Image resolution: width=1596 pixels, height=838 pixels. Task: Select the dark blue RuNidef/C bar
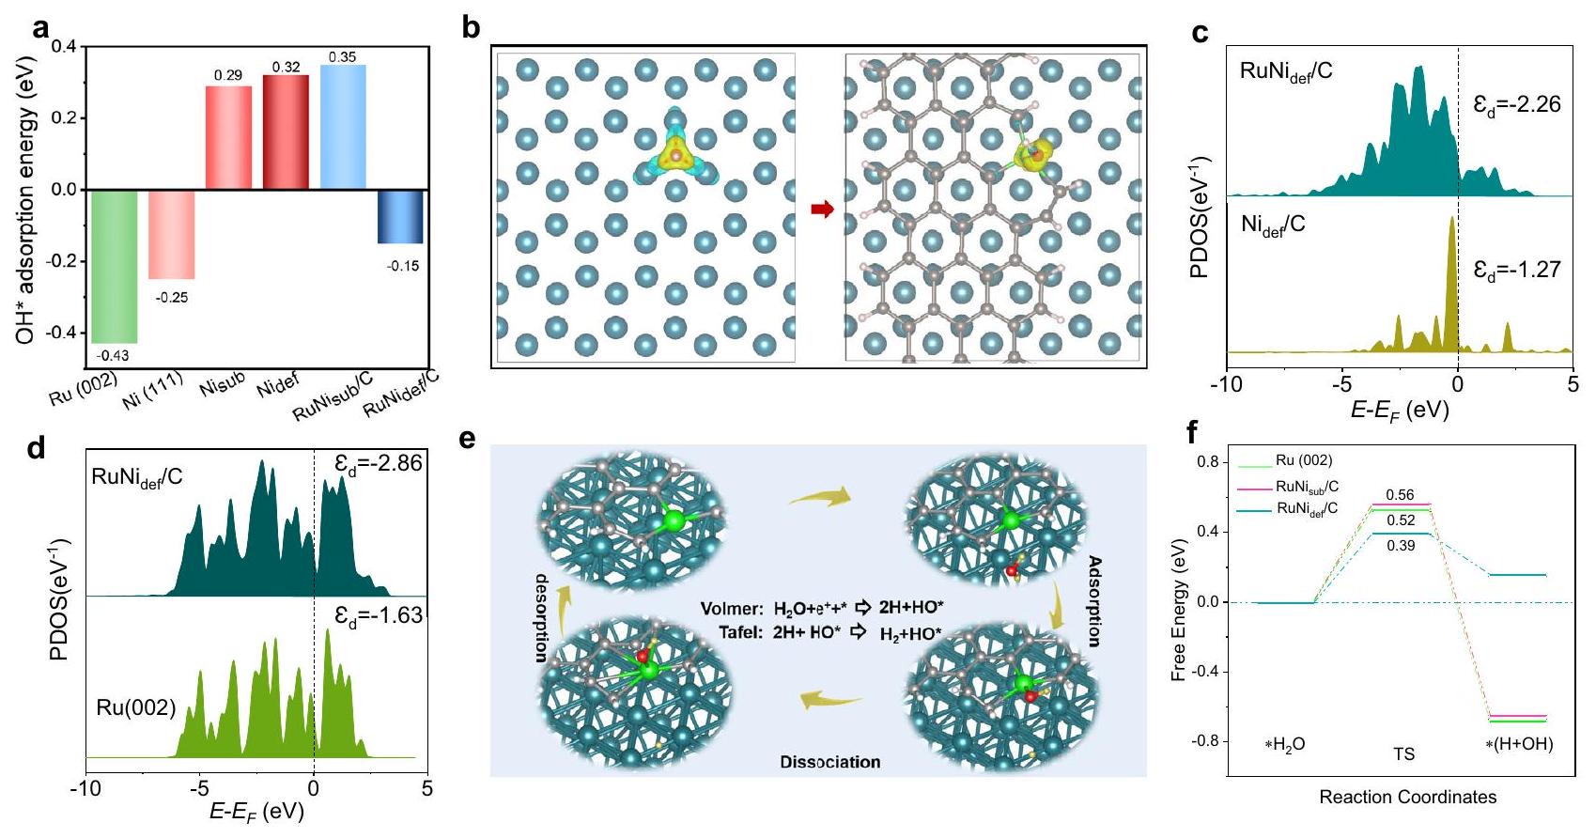(x=400, y=216)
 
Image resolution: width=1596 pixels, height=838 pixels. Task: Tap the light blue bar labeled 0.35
(x=343, y=127)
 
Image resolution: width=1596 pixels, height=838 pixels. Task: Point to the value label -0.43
(x=113, y=355)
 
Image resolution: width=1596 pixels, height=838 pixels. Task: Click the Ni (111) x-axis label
(x=152, y=392)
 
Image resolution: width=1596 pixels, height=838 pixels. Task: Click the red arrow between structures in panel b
(x=822, y=209)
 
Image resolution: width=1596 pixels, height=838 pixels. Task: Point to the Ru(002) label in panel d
(x=136, y=707)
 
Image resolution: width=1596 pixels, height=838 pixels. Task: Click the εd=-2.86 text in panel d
(x=379, y=463)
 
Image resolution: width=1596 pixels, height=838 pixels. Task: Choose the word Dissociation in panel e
(x=830, y=762)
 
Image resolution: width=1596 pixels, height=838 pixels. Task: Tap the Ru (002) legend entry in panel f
(x=1303, y=460)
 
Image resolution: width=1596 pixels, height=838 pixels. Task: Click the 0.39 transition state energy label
(x=1400, y=545)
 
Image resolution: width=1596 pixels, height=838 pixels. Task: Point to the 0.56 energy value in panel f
(x=1400, y=495)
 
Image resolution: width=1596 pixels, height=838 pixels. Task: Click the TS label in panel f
(x=1403, y=754)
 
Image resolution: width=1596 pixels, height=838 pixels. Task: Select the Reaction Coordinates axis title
(x=1407, y=798)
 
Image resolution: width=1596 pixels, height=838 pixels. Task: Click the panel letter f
(x=1193, y=432)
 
